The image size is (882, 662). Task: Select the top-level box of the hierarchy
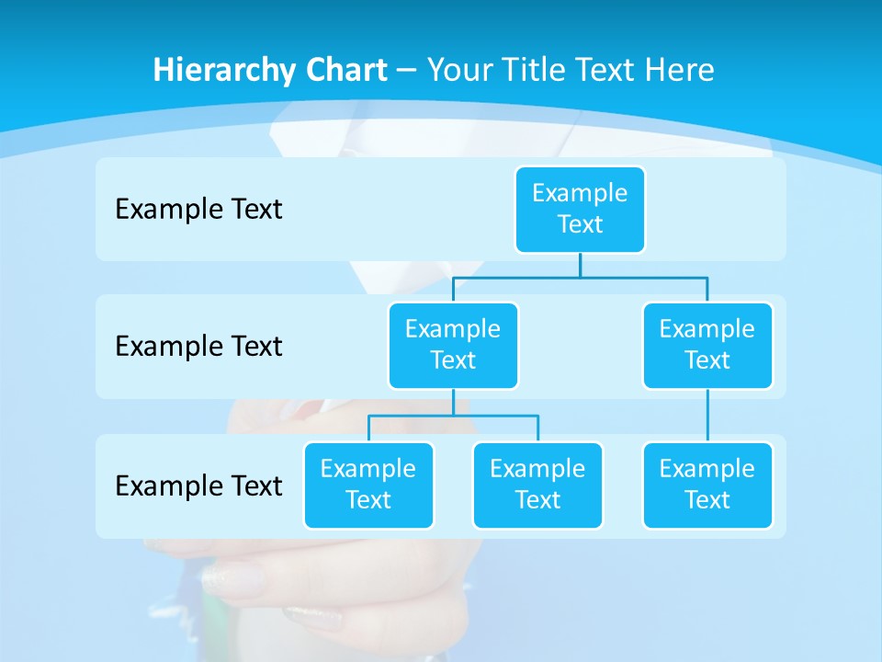coord(580,209)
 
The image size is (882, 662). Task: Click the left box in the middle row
coord(453,345)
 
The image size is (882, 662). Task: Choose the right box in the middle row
coord(707,345)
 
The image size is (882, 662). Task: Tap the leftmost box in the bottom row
coord(368,485)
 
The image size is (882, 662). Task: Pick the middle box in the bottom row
coord(537,485)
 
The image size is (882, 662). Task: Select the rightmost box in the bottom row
coord(707,485)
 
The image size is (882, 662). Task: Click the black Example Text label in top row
coord(198,209)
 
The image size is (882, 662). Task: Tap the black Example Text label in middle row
coord(198,346)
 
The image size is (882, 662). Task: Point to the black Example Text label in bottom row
coord(198,485)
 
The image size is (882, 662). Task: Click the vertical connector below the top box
coord(580,265)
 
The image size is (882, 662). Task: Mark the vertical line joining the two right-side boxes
coord(707,416)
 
